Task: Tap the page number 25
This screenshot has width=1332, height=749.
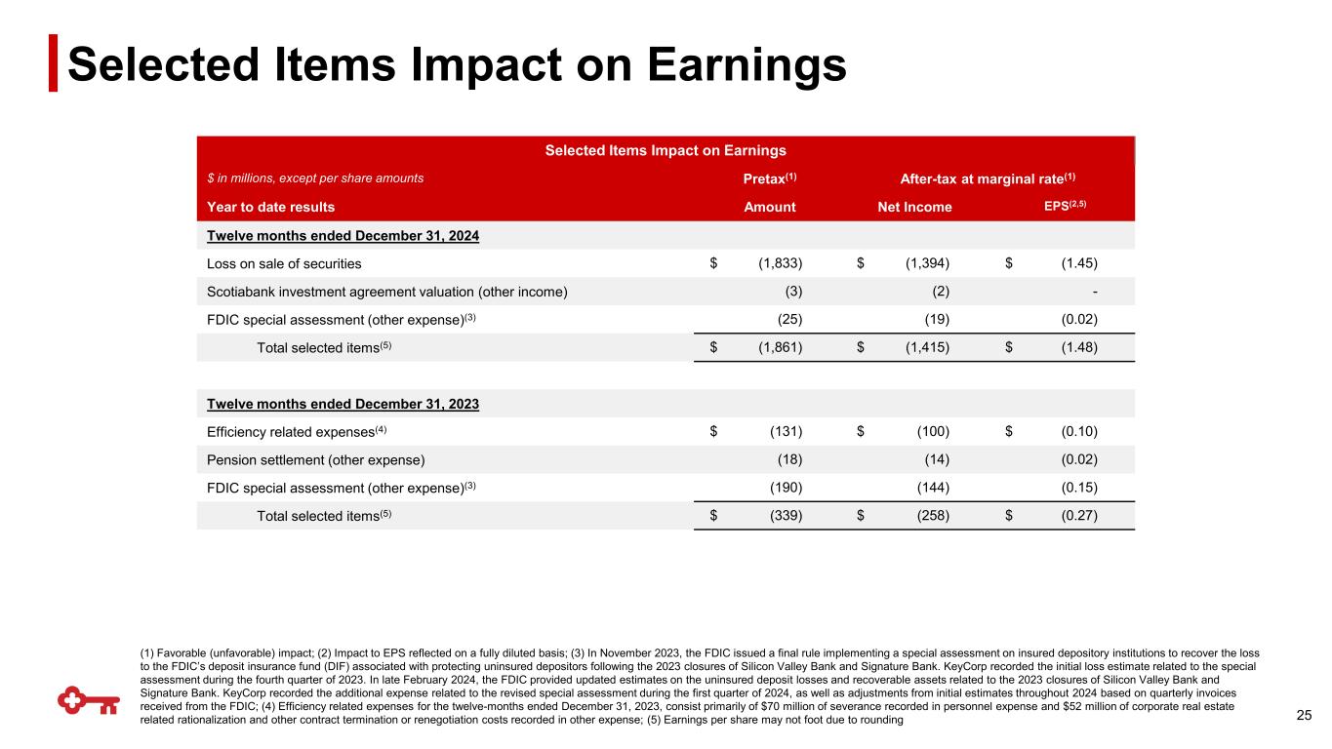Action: (x=1303, y=717)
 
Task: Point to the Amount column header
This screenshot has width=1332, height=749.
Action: (x=770, y=207)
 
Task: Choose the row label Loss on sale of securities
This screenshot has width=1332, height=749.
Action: (x=284, y=263)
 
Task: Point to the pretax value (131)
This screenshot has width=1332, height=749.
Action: (x=782, y=432)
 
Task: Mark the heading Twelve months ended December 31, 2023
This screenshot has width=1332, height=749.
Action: (x=343, y=404)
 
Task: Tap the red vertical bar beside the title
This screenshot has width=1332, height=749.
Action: (x=54, y=64)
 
